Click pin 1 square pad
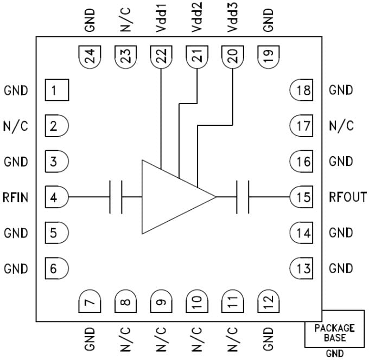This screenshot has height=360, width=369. coord(56,90)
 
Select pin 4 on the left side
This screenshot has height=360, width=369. coord(56,197)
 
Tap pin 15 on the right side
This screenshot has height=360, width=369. coord(301,197)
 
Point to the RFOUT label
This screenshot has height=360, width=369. coord(347,197)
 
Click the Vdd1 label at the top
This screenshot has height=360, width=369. coord(161,20)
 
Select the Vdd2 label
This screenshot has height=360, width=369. coord(197,20)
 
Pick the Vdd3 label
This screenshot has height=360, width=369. coord(233,20)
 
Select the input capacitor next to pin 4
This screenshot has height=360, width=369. coord(116,197)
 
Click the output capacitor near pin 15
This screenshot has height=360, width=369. coord(243,197)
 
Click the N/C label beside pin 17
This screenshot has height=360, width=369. coord(341,126)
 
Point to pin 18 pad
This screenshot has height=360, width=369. coord(301,90)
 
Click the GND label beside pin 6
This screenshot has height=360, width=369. coord(16,268)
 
